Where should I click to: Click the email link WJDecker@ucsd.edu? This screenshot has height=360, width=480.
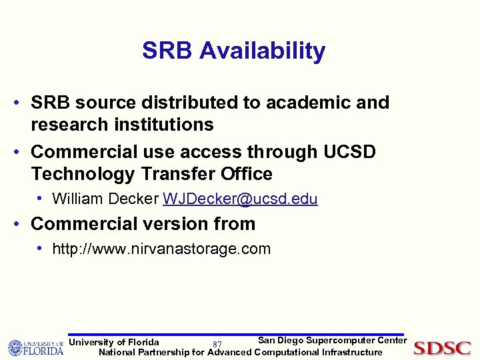click(x=240, y=199)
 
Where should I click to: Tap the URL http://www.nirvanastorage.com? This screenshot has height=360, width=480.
click(x=161, y=249)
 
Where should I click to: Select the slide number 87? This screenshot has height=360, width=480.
click(x=217, y=345)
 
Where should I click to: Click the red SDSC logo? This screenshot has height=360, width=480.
click(x=442, y=347)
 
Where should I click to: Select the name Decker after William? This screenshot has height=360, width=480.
click(x=136, y=199)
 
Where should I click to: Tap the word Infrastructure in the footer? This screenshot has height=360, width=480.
click(x=352, y=352)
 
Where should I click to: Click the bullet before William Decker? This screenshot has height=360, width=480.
click(x=41, y=198)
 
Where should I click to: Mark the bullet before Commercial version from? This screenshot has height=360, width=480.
click(x=21, y=223)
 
